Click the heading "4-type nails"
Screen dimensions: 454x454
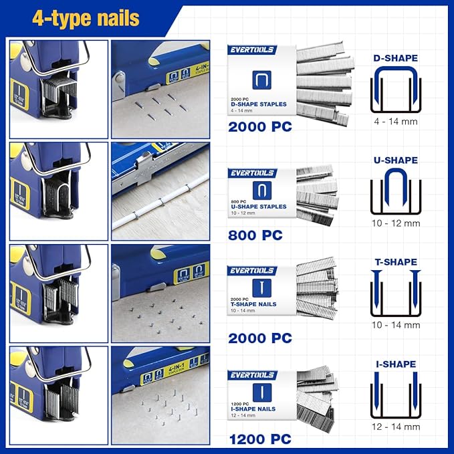tap(86, 18)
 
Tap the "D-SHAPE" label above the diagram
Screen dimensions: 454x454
tap(395, 58)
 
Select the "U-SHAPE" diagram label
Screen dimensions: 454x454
tap(395, 160)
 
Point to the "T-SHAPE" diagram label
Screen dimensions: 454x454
tap(395, 262)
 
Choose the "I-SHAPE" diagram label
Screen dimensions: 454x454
tap(395, 364)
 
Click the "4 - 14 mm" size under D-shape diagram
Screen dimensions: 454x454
tap(395, 122)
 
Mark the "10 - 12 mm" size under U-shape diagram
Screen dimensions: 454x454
tap(395, 223)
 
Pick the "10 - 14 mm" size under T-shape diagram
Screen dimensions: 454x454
tap(395, 326)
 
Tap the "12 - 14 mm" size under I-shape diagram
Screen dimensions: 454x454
tap(395, 427)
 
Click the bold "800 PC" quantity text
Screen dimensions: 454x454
tap(255, 235)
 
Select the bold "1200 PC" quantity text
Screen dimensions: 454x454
tap(260, 439)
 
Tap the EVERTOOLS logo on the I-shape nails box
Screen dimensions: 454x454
tap(252, 375)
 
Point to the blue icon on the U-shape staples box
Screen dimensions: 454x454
tap(262, 191)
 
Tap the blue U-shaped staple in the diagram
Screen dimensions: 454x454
tap(395, 187)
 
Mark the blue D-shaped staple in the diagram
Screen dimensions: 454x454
tap(395, 87)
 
